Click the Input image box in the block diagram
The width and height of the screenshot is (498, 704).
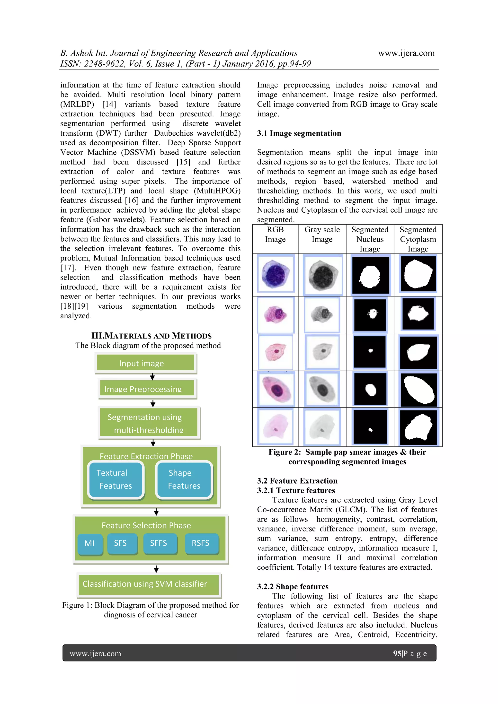pyautogui.click(x=145, y=363)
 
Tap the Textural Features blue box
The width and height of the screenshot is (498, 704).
pyautogui.click(x=115, y=479)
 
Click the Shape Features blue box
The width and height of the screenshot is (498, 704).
pyautogui.click(x=184, y=479)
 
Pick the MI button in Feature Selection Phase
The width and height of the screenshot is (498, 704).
pyautogui.click(x=89, y=543)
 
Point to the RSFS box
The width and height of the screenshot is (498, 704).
pyautogui.click(x=201, y=543)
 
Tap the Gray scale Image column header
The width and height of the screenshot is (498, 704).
pyautogui.click(x=322, y=234)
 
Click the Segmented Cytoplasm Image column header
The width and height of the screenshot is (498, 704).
pyautogui.click(x=418, y=239)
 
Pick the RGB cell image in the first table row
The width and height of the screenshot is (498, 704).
pyautogui.click(x=276, y=274)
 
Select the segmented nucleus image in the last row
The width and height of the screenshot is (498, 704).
pyautogui.click(x=370, y=427)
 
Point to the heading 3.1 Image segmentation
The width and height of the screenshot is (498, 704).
pyautogui.click(x=299, y=133)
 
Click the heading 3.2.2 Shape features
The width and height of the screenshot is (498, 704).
pyautogui.click(x=293, y=587)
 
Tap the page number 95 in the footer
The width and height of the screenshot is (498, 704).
pyautogui.click(x=397, y=653)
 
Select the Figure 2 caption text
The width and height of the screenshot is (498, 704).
pyautogui.click(x=347, y=457)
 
